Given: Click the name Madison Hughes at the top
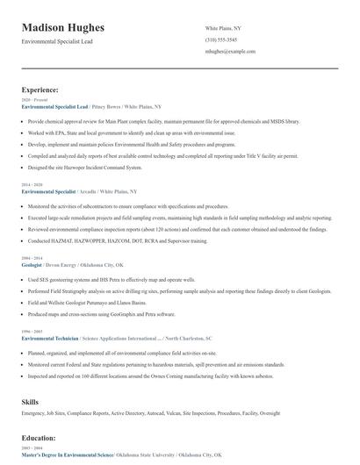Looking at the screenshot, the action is coord(62,29).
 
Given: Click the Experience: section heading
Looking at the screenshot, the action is coord(40,89).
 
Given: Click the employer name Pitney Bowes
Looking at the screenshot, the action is coord(105,105).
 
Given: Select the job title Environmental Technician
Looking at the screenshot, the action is coord(49,337).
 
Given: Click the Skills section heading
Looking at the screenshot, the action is coord(30,400).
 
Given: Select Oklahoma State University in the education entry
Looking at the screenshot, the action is coord(146,455).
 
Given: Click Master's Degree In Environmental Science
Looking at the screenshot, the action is coord(68,455).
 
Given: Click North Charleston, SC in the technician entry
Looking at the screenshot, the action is coord(189,337).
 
